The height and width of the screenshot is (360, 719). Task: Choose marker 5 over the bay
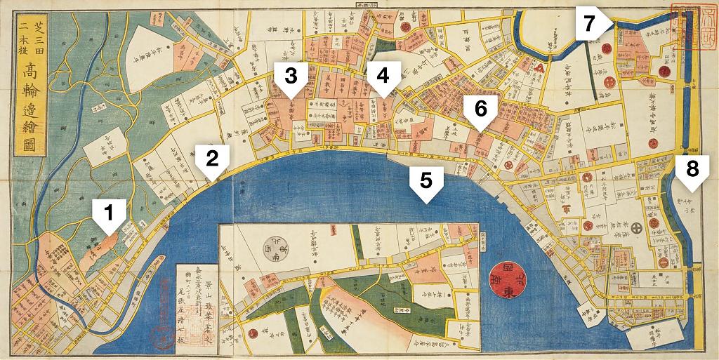click(426, 183)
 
